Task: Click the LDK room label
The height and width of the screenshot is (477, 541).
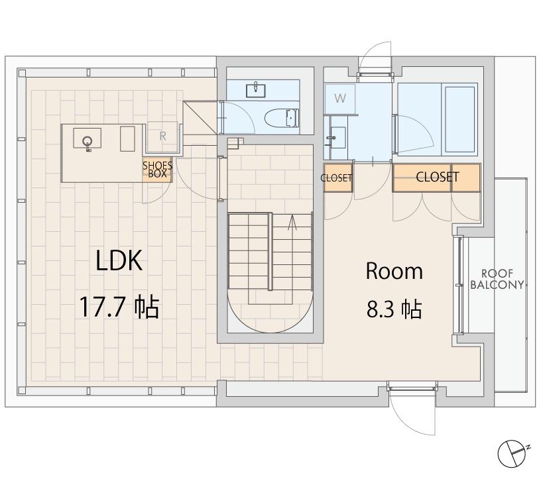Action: point(119,260)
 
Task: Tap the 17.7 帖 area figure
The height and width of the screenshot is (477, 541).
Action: point(119,306)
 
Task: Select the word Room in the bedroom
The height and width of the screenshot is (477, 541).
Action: point(394,271)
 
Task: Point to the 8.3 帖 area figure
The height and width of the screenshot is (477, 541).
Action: point(394,309)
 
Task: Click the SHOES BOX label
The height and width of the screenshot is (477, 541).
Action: point(157,170)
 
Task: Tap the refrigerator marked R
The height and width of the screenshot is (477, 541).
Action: point(162,136)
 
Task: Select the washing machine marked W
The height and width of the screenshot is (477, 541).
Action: point(340,98)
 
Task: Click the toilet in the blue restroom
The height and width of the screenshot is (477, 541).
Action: point(282,118)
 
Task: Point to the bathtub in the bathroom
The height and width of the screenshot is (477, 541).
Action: point(461,119)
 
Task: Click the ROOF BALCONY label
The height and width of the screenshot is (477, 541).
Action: point(497,279)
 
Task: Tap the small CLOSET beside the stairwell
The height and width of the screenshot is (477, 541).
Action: point(336,178)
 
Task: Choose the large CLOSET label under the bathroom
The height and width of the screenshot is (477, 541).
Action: point(437,177)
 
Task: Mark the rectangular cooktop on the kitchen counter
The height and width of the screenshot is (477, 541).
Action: point(127,138)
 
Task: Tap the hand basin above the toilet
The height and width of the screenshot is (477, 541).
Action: point(256,89)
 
